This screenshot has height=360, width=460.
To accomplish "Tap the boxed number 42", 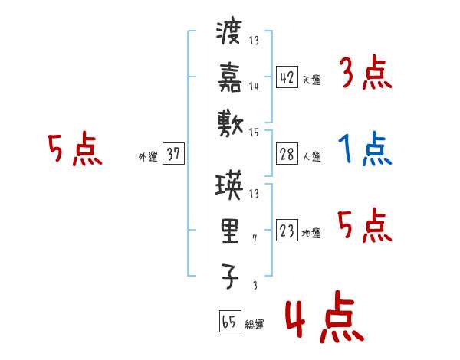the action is tap(287, 77).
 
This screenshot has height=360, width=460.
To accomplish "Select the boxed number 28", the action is tap(287, 154).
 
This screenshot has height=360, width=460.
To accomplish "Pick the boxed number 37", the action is tap(173, 154).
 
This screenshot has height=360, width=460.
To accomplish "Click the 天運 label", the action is tap(311, 80).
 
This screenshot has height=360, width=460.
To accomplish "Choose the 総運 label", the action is tap(254, 325).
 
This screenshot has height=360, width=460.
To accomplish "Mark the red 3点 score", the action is tap(364, 75).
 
